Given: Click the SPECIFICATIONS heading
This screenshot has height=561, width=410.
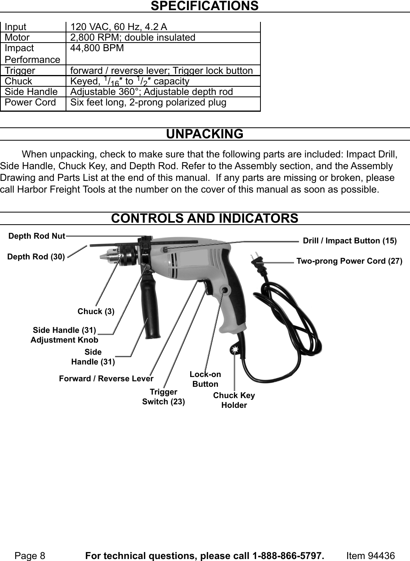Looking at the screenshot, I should coord(205,6).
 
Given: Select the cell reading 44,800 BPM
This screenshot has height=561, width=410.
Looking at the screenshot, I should coord(97,48).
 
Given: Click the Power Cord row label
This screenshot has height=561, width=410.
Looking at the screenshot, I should coord(30,102).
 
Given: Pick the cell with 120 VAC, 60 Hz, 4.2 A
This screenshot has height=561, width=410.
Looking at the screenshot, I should coord(118,27).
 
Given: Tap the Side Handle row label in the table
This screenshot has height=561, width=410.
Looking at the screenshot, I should coord(31,91).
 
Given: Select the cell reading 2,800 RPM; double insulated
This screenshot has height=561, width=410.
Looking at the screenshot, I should coord(132,38).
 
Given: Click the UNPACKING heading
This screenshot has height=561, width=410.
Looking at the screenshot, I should coord(205,134).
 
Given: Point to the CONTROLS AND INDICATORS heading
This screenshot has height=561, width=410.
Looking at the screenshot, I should coord(205,218).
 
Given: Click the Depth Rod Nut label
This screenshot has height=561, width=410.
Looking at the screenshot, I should coord(37,236).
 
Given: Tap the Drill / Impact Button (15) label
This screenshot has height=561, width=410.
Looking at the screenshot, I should coord(349,241).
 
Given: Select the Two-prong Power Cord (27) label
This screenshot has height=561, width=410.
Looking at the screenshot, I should coord(349,261).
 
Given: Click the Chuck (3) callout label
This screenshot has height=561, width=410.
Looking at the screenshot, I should coord(96,311).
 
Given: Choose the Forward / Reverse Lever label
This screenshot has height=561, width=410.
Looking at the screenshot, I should coord(106,379).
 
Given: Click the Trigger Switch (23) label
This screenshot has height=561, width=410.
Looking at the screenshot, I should coord(163,397).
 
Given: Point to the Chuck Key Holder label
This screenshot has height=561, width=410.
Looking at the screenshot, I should coord(234,400).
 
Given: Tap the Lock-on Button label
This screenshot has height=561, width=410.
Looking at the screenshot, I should coord(205,379).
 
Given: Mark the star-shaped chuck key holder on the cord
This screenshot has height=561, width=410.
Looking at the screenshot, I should coord(235,350).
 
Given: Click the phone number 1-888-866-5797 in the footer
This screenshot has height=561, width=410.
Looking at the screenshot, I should coord(288,556).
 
